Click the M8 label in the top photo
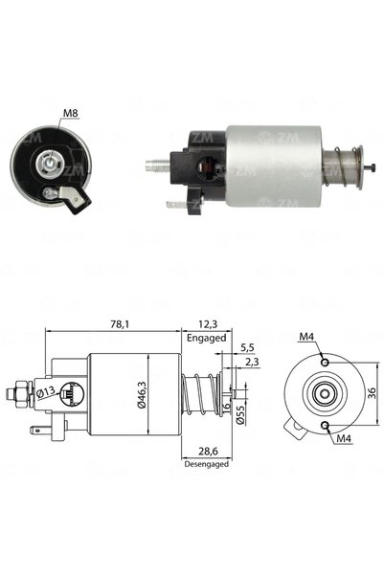point(71,113)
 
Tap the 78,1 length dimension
point(120,324)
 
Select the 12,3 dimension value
point(208,324)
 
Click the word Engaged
point(206,338)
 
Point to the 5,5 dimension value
point(247,347)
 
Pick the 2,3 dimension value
point(252,363)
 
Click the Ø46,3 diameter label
point(142,394)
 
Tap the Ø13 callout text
point(46,392)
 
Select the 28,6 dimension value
point(208,451)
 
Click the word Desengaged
point(206,464)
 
